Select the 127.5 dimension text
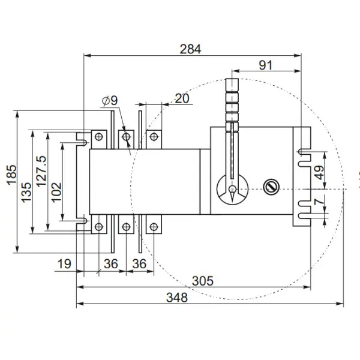pyautogui.click(x=41, y=172)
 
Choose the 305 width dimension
pyautogui.click(x=205, y=280)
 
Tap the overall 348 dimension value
pyautogui.click(x=177, y=297)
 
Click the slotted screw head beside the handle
pyautogui.click(x=272, y=187)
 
